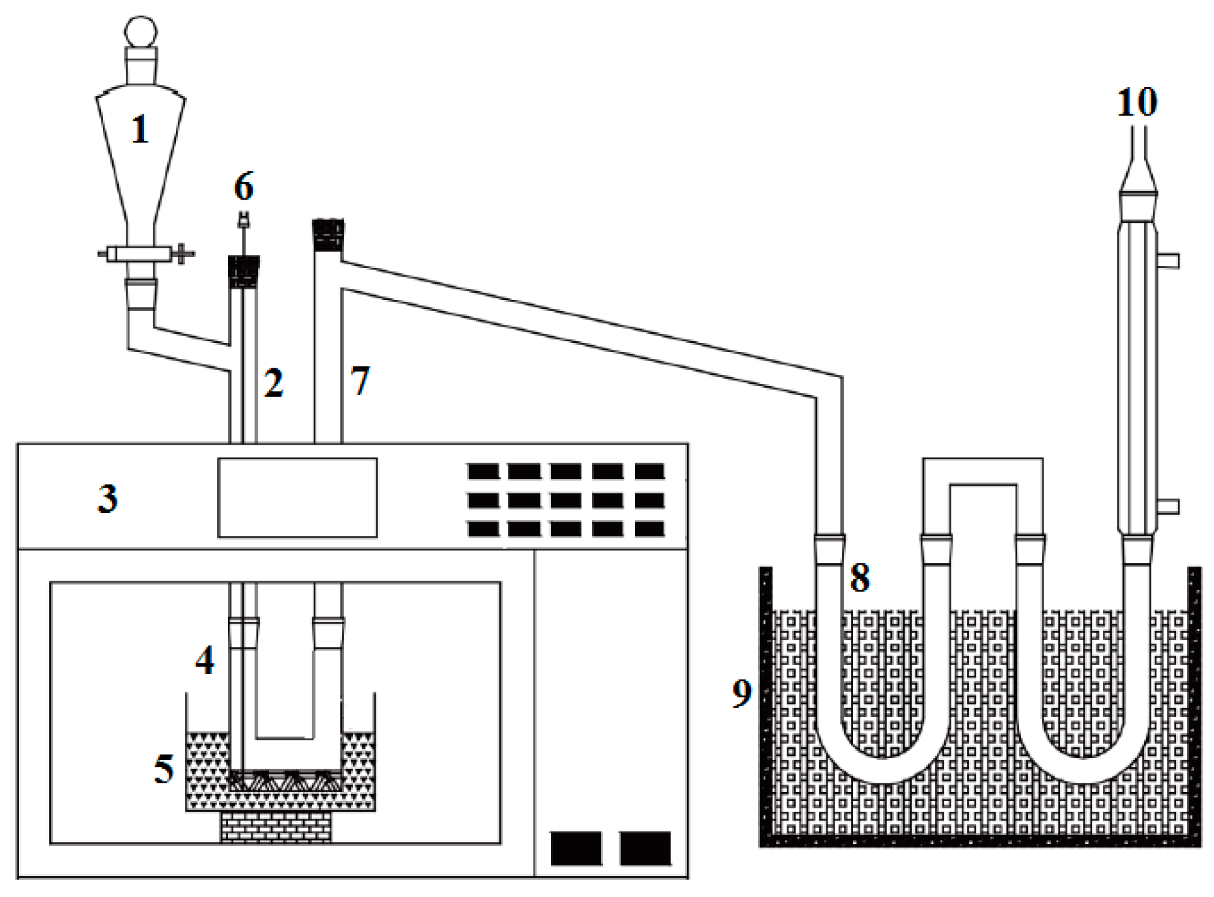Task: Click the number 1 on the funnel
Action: (140, 129)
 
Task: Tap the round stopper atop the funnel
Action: (140, 30)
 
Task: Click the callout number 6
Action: (244, 186)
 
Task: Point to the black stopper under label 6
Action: (243, 272)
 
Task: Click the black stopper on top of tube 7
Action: (328, 235)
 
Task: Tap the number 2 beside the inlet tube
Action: (273, 383)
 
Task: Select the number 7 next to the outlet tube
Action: (359, 380)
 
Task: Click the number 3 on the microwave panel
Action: (107, 498)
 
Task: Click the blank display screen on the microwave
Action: (297, 498)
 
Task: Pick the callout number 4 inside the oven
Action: (205, 661)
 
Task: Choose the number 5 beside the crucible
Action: (164, 769)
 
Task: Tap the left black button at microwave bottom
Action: (576, 848)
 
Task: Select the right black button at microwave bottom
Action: (645, 848)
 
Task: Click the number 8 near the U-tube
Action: (860, 577)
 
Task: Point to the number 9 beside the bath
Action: (742, 693)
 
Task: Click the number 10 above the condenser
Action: (1136, 102)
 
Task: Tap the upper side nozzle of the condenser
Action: (1169, 260)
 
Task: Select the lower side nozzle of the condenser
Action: (1169, 506)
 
